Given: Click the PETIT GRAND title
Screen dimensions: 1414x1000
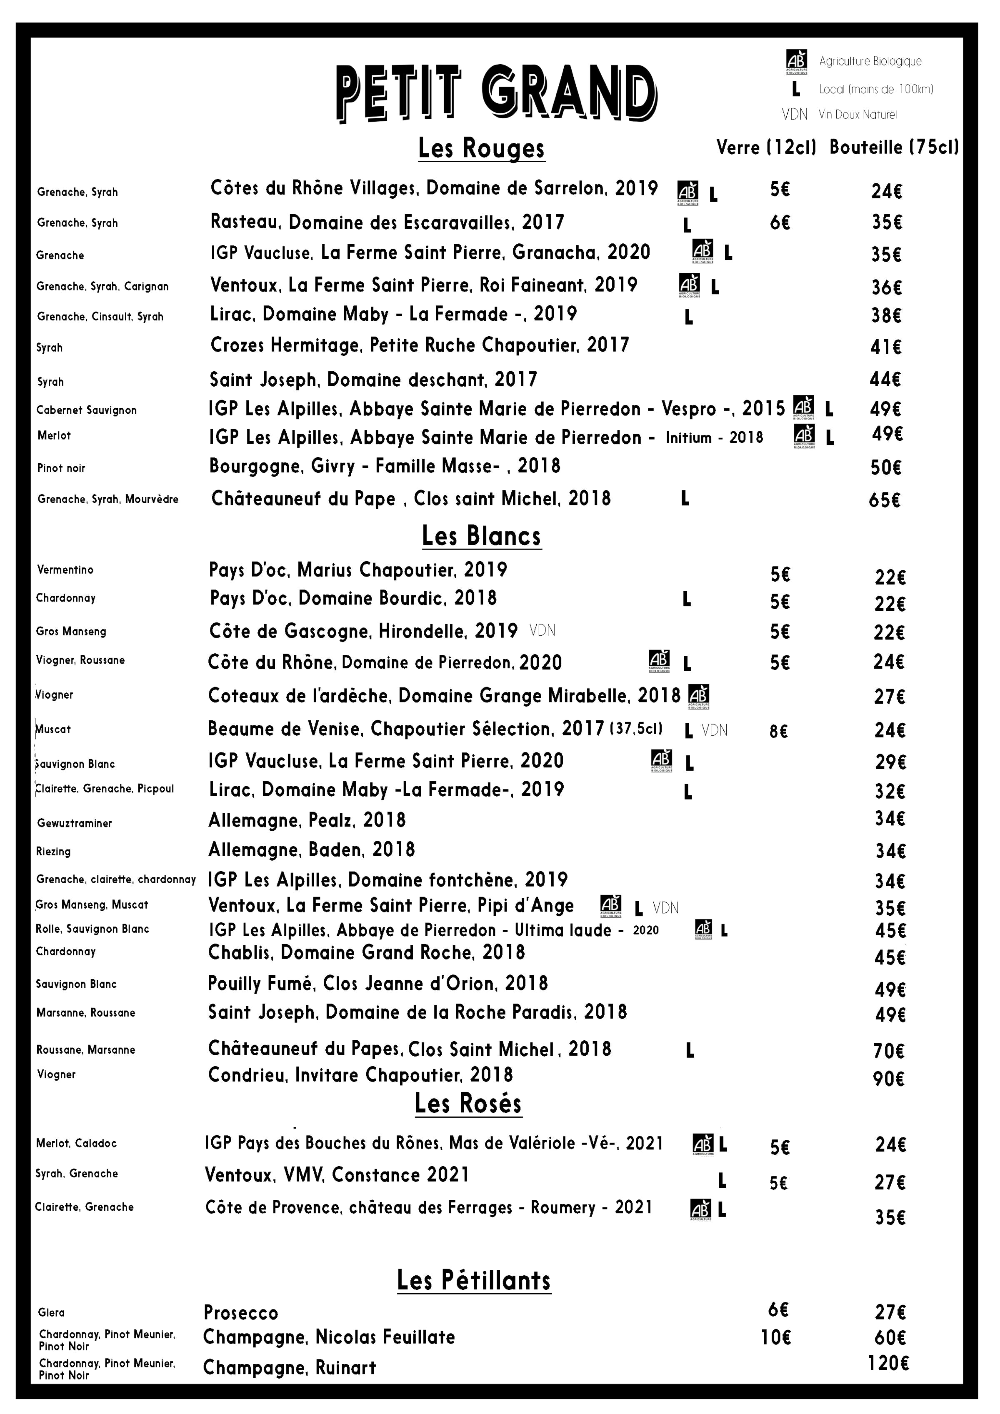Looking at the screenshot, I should [x=496, y=94].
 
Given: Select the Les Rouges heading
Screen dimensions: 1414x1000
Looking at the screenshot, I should [x=482, y=148].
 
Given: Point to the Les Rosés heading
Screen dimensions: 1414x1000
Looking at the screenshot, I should [x=468, y=1103].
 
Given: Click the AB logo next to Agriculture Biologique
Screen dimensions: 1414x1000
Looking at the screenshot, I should [x=796, y=62].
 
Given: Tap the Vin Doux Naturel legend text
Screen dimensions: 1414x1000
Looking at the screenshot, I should [x=857, y=115].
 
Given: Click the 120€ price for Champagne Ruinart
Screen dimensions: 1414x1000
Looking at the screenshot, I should [x=888, y=1364].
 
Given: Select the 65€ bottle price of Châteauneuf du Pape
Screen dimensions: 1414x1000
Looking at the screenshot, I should [x=884, y=500].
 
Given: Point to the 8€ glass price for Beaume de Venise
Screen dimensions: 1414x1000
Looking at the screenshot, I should [x=778, y=731].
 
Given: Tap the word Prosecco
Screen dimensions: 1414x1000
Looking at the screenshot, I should [x=241, y=1313].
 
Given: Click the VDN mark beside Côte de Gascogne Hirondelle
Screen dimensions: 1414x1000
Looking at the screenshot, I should [x=542, y=631].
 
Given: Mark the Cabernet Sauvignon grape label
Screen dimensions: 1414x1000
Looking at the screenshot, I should [x=86, y=410].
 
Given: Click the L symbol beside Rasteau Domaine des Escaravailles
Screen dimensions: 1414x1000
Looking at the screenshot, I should [x=687, y=225].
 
